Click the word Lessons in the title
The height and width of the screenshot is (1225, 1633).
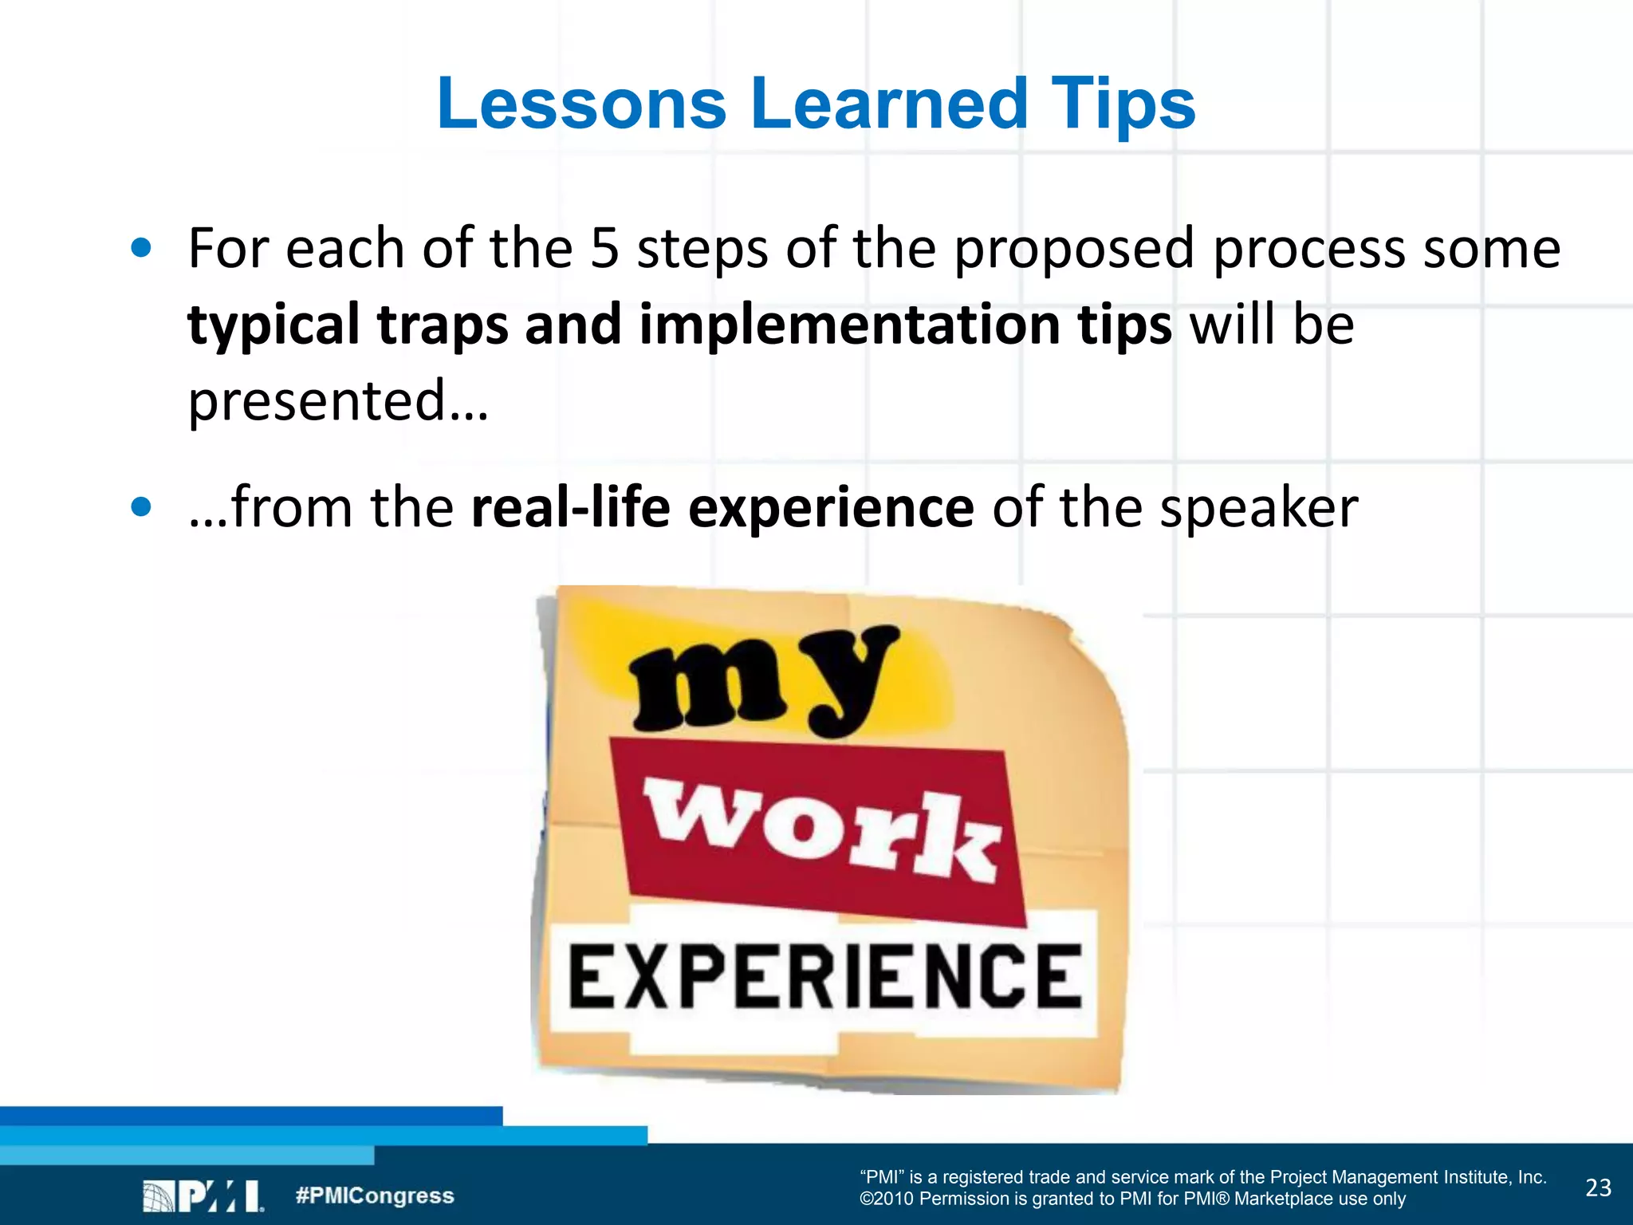point(581,104)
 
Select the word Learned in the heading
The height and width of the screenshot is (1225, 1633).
point(888,104)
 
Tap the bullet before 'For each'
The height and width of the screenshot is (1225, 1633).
point(141,248)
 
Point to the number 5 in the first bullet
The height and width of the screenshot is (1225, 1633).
point(604,249)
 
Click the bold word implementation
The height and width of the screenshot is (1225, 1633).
point(849,325)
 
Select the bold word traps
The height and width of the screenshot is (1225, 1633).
point(443,325)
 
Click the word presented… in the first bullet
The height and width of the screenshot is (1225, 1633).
point(338,400)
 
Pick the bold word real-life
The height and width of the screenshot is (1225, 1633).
point(570,507)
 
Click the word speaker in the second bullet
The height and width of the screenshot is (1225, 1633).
point(1258,507)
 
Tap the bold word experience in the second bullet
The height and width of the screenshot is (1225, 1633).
point(830,509)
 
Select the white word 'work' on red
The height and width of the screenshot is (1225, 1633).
point(821,831)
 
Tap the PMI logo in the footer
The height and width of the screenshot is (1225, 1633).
point(203,1196)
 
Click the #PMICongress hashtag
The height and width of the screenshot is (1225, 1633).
point(375,1195)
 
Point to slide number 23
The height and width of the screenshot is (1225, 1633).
point(1598,1188)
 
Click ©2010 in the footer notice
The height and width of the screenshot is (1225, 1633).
point(886,1199)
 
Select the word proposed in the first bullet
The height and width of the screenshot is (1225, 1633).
point(1073,249)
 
